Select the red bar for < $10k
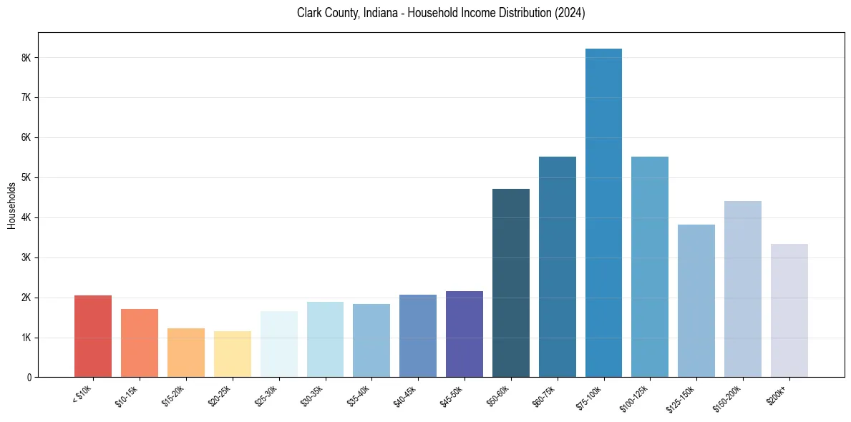(x=93, y=336)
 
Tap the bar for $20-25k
(x=232, y=354)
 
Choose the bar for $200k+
(x=789, y=310)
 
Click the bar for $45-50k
(x=465, y=334)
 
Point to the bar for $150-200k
(x=743, y=289)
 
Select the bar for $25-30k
(x=278, y=344)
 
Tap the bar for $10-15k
(x=140, y=343)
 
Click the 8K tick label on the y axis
(x=27, y=57)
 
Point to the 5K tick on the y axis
(x=27, y=177)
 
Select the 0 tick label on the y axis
(x=30, y=377)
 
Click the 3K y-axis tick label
(x=27, y=257)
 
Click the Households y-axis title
(x=11, y=205)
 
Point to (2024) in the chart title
(x=570, y=13)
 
